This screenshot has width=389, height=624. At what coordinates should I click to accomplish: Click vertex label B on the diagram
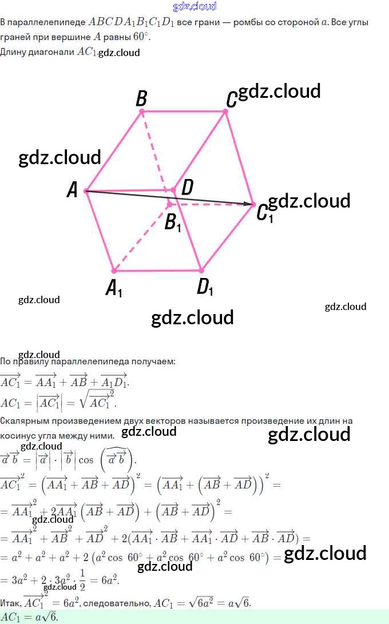coord(141,99)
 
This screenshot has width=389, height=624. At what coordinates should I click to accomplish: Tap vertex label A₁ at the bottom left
coord(114,288)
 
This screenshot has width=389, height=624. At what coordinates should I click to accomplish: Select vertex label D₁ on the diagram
coord(205,287)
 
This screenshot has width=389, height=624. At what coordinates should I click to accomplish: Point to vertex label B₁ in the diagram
coord(173,222)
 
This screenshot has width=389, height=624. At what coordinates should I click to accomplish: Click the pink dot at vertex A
coord(86,190)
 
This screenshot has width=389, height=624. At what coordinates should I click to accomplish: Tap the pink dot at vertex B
coord(142,112)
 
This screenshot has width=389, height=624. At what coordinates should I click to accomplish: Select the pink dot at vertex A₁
coord(113,271)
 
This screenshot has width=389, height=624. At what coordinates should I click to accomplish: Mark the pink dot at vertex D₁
coord(201,270)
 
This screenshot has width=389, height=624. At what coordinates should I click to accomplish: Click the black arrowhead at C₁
coord(249,204)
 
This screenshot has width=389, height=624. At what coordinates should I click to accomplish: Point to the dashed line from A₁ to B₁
coord(141,237)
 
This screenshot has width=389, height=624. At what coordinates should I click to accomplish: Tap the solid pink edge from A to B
coord(114,151)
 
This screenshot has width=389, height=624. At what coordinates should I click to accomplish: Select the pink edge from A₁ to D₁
coord(157,271)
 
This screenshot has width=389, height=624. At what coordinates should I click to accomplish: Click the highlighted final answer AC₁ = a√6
coord(30,617)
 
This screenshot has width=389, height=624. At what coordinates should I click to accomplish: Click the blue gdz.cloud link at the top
coord(194,6)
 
